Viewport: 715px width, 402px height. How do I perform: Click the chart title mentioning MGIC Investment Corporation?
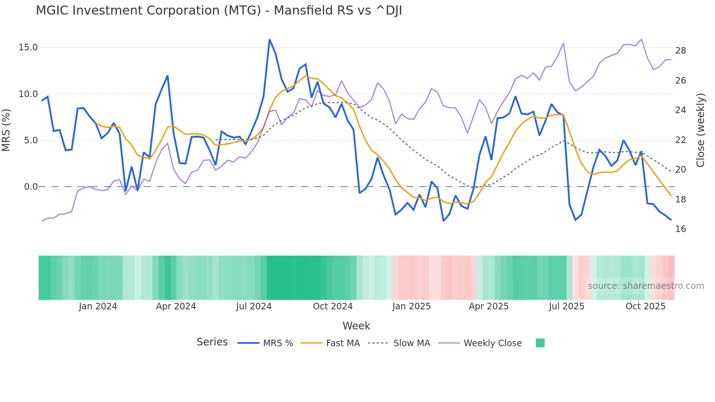tap(219, 11)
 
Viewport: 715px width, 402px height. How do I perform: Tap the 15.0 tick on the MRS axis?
tap(28, 47)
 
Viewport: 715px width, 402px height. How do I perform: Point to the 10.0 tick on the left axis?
tap(28, 94)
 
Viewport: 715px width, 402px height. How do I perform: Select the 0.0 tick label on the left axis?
tap(31, 187)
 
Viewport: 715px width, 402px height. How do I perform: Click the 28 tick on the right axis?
tap(680, 51)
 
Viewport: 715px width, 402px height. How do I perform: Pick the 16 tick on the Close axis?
tap(680, 229)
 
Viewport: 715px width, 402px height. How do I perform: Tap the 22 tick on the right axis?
tap(680, 140)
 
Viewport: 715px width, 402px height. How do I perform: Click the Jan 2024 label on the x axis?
tap(98, 306)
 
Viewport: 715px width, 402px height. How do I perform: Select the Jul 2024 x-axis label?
tap(254, 306)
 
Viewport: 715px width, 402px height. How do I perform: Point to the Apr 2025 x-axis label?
tap(488, 306)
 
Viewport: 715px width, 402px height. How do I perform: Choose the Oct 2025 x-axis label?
tap(645, 306)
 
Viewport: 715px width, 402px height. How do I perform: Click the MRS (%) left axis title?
tap(6, 130)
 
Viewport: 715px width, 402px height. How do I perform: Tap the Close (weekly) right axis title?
tap(700, 130)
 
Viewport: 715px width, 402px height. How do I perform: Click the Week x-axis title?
tap(356, 326)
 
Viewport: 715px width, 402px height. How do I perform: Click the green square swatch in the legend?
tap(540, 343)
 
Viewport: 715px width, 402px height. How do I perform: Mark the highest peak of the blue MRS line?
tap(270, 39)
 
